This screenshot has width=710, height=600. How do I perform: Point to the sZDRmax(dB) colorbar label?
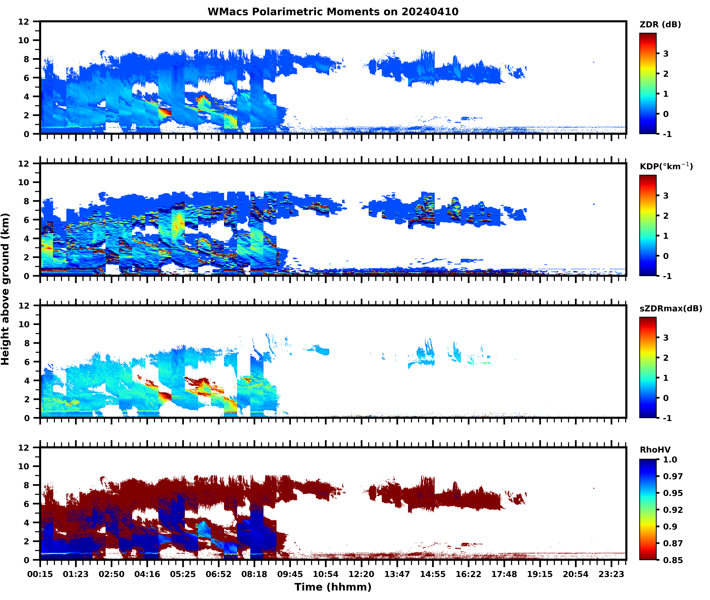pos(670,308)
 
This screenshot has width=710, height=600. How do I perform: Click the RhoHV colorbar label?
pos(655,450)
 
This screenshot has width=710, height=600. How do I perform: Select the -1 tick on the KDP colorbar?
pos(667,276)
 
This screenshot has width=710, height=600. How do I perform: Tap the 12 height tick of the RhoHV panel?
pos(24,448)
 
